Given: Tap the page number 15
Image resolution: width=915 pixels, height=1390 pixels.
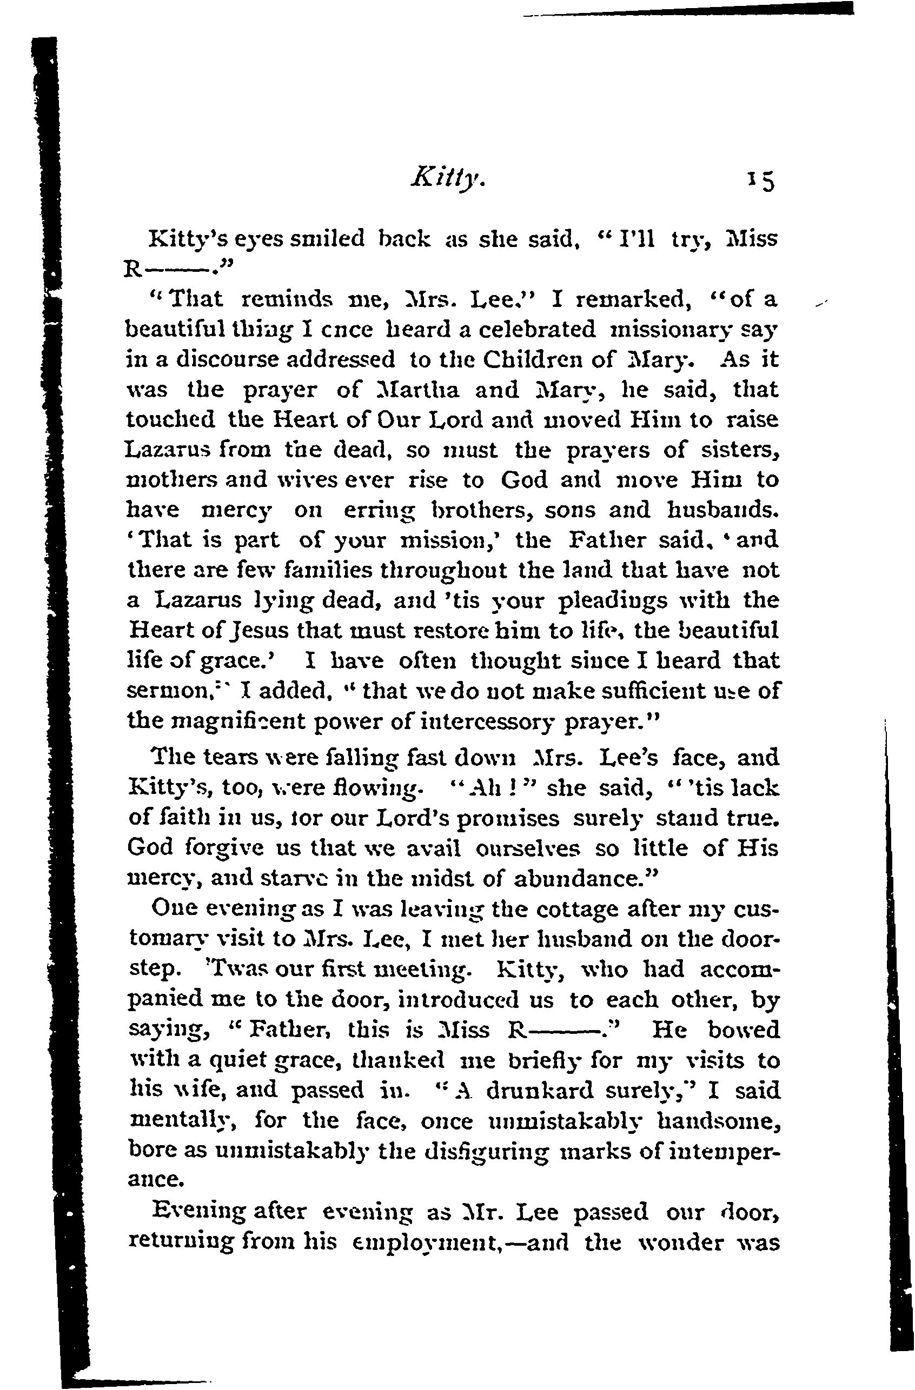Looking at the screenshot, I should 760,182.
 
